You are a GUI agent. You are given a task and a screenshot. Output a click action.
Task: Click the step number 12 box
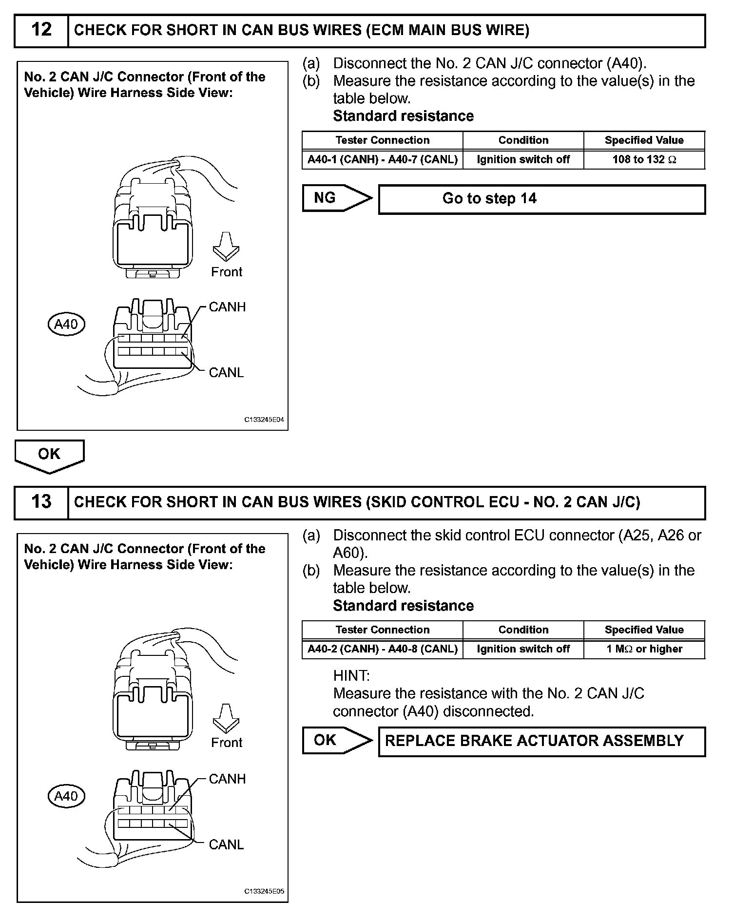coord(41,30)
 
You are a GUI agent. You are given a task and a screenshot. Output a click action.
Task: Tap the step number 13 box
coord(41,502)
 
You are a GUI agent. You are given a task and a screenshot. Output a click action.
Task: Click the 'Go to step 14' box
coord(541,199)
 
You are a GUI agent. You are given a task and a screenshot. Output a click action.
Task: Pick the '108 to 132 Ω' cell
coord(644,160)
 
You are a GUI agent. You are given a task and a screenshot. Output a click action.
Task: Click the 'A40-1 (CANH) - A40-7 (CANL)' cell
coord(382,160)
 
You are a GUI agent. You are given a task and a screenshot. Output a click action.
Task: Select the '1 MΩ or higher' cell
coord(644,650)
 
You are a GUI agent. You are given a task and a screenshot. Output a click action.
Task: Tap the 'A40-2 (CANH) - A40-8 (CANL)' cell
coord(382,650)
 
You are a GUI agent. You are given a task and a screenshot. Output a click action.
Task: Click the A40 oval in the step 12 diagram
coord(66,324)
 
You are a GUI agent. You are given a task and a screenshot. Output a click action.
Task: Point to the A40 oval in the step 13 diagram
coord(66,796)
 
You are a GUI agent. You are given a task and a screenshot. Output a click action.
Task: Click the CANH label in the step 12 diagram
coord(227,307)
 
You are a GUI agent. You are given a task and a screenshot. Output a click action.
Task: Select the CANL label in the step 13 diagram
coord(226,844)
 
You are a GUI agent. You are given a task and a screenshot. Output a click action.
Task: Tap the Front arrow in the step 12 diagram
coord(226,246)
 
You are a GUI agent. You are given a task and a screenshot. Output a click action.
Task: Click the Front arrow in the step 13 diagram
coord(226,718)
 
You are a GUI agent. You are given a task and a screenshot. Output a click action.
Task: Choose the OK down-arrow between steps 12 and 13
coord(49,456)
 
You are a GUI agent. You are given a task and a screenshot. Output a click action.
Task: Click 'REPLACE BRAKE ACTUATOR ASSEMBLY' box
coord(541,741)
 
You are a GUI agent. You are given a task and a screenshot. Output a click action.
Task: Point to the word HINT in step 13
coord(351,676)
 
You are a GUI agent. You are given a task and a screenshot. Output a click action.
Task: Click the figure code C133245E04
coord(264,420)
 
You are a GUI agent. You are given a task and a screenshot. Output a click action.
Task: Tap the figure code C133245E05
coord(264,891)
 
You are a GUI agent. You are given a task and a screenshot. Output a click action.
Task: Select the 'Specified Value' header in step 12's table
coord(644,140)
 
